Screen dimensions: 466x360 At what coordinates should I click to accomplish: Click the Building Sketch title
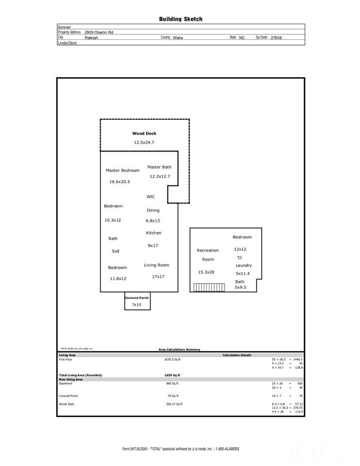point(181,19)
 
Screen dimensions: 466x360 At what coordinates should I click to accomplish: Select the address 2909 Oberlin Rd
point(99,32)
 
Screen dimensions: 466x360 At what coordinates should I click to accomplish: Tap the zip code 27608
point(276,37)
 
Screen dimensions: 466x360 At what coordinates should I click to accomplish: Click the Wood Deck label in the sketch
point(144,133)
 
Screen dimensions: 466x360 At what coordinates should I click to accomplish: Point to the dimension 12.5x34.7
point(144,143)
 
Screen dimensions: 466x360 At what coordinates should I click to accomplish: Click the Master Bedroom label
point(122,170)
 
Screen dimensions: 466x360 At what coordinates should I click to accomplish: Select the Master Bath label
point(159,167)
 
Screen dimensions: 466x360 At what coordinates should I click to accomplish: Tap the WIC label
point(151,197)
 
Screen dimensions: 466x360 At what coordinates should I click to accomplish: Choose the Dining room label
point(153,210)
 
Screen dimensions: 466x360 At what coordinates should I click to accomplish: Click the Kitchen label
point(154,233)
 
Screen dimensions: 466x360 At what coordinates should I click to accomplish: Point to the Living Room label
point(156,265)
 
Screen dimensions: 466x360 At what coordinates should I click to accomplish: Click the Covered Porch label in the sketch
point(137,298)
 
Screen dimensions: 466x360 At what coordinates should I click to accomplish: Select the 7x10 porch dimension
point(137,305)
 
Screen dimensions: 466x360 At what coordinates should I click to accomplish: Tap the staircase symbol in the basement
point(208,287)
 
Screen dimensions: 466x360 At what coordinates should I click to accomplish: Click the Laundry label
point(244,266)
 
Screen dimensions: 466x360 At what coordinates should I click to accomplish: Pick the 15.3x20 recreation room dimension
point(206,272)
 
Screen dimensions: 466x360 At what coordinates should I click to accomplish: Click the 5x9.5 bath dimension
point(240,287)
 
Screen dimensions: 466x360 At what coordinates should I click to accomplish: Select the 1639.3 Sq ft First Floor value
point(172,360)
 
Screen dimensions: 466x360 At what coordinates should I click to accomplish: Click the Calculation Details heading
point(237,355)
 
